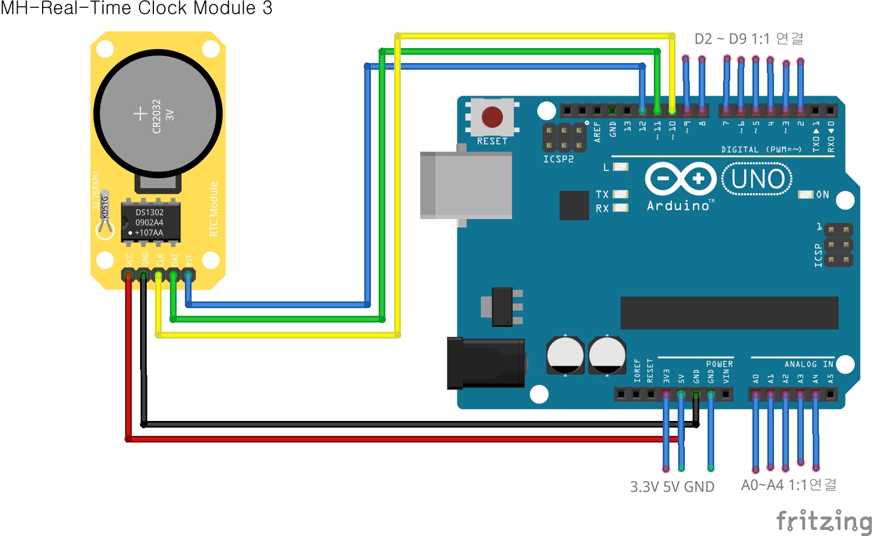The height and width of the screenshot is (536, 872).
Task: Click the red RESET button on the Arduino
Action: (x=492, y=117)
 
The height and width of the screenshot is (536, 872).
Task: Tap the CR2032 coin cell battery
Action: (x=158, y=114)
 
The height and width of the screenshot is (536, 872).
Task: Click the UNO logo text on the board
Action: (x=758, y=179)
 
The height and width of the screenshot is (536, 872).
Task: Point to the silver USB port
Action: (x=466, y=185)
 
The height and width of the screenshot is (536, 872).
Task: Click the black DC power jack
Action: (x=486, y=363)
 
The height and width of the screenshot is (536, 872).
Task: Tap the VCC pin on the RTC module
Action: (x=128, y=274)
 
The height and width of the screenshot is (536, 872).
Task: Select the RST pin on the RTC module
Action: (x=188, y=274)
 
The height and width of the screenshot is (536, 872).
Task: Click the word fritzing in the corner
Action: (x=824, y=521)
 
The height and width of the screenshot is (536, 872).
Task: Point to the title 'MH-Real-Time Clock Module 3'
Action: (x=136, y=8)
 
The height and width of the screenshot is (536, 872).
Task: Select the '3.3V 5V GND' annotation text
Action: (x=672, y=487)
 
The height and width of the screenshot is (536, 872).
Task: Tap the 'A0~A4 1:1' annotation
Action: (x=788, y=485)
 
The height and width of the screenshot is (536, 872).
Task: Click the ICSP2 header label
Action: (x=558, y=159)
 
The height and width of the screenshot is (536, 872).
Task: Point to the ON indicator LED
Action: (x=805, y=195)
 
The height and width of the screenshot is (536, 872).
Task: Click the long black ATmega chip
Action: (x=729, y=313)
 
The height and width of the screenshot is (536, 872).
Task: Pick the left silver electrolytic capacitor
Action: (x=565, y=355)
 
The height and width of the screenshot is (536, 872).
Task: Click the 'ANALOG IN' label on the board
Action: (x=808, y=364)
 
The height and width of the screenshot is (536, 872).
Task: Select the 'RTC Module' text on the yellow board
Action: (x=214, y=209)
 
